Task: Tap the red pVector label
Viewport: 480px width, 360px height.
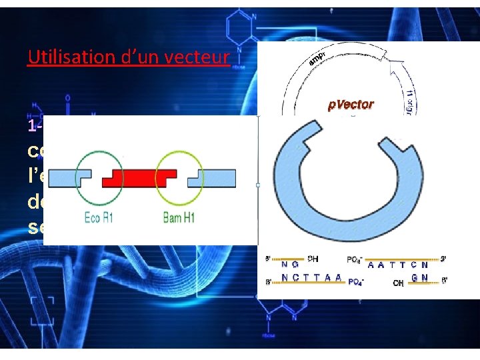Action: (351, 105)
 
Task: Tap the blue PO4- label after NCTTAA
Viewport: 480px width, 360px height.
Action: (357, 282)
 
